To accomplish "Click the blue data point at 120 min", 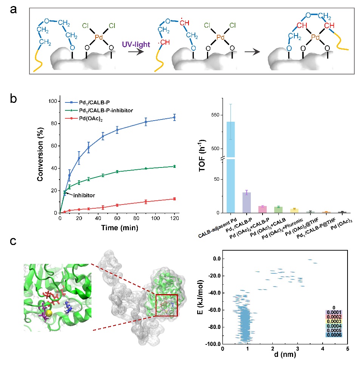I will pyautogui.click(x=174, y=118).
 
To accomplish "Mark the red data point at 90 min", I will pyautogui.click(x=146, y=202).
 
